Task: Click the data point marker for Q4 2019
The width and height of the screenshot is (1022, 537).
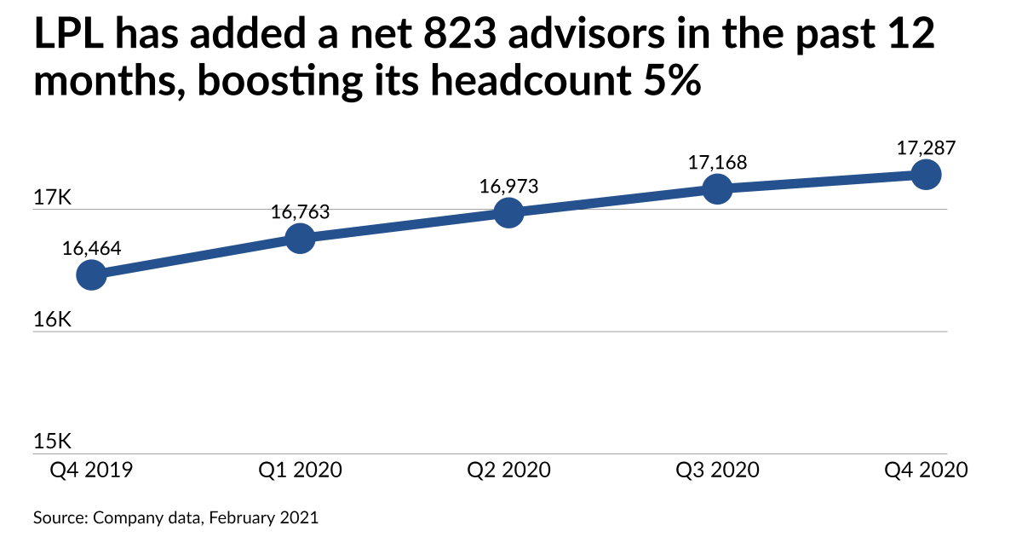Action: pos(91,274)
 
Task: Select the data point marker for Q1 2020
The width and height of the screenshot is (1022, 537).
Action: pos(300,238)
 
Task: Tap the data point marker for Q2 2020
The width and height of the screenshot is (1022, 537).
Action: pos(508,213)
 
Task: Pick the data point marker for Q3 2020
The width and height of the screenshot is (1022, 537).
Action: pos(717,188)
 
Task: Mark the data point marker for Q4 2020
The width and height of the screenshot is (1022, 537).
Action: pos(927,175)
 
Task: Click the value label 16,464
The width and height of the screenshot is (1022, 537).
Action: pos(91,249)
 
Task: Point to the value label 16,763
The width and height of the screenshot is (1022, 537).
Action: pos(300,212)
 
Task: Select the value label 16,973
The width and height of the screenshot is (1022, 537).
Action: pos(508,187)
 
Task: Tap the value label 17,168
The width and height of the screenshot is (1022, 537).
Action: pos(717,163)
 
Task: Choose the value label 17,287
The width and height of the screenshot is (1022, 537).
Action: pos(927,148)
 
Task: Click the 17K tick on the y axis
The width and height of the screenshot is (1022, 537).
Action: pos(53,198)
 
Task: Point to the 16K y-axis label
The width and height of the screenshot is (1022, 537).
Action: pos(53,320)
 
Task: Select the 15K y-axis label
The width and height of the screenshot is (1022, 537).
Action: pos(53,442)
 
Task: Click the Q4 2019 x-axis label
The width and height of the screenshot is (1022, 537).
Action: pos(91,471)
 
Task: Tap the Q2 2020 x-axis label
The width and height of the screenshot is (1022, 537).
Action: pos(508,471)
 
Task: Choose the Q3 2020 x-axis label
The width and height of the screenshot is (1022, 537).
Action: pos(717,471)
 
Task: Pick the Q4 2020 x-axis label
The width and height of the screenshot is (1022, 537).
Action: pos(927,471)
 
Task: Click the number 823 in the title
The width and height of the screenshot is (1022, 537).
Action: pos(459,34)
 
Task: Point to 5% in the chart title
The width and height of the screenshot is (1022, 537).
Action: pos(672,80)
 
